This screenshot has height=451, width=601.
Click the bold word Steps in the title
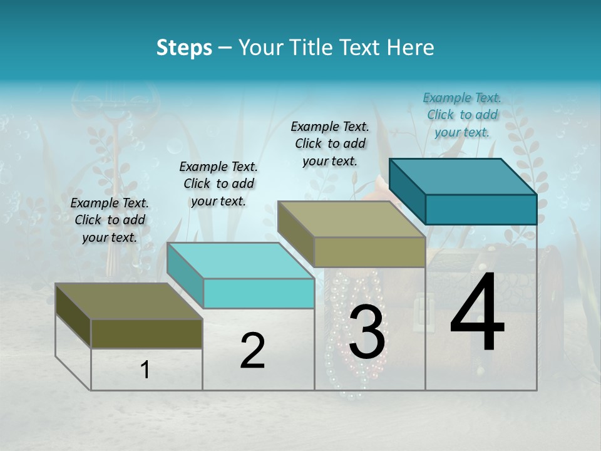[x=184, y=48]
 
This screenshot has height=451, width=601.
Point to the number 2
[x=252, y=351]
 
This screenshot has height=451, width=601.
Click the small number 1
[x=145, y=370]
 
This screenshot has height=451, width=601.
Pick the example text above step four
[x=462, y=115]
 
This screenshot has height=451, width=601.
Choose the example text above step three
[x=330, y=143]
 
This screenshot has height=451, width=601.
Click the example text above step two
[x=218, y=184]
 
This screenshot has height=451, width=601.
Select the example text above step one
[x=110, y=220]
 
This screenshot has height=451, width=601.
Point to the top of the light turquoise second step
[x=241, y=261]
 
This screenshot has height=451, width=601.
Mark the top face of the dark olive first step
[x=129, y=301]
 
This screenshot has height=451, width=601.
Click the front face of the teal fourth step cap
[x=481, y=209]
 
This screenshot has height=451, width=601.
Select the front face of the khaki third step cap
[x=369, y=252]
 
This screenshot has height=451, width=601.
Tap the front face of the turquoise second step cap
[x=259, y=293]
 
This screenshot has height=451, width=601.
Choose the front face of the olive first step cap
[x=146, y=333]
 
